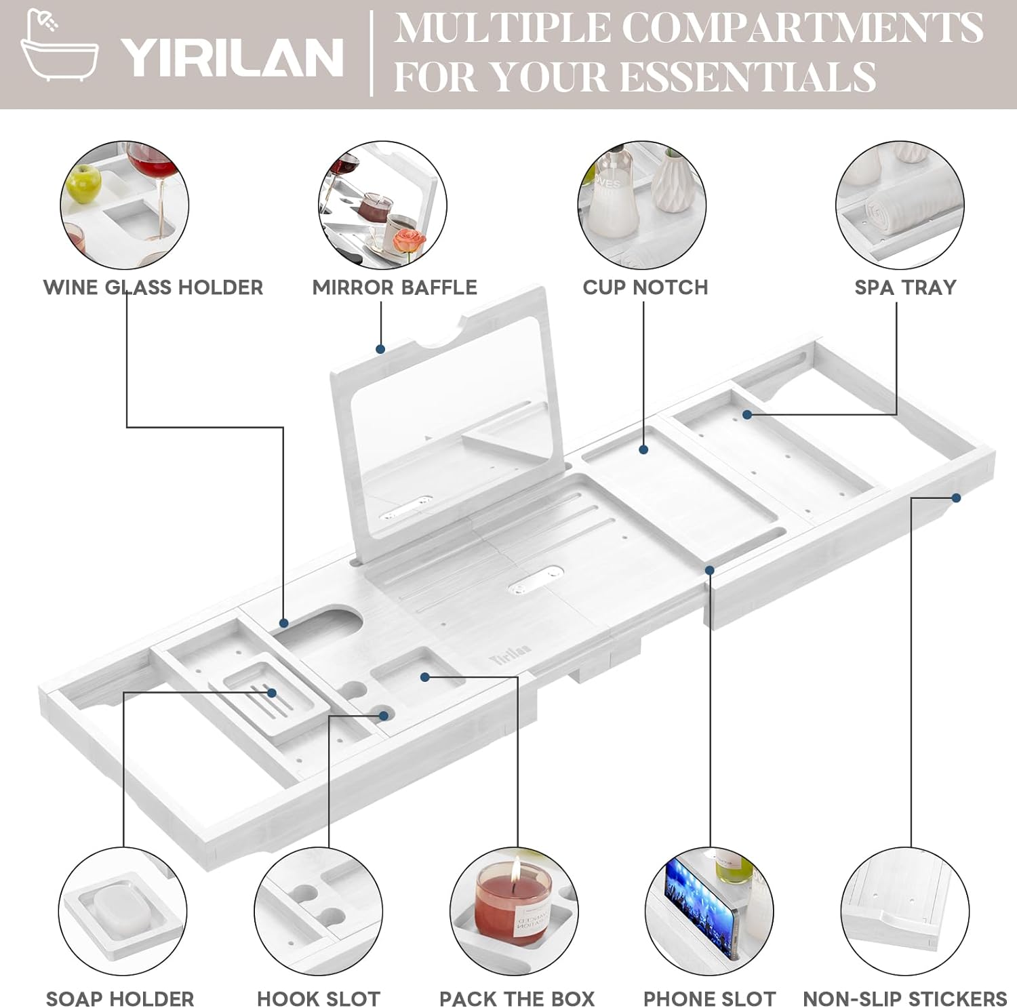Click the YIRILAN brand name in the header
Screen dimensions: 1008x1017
click(232, 58)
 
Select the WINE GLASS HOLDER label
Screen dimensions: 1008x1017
click(153, 287)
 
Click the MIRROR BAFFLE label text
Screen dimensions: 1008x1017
click(395, 287)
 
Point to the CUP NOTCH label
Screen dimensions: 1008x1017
click(645, 287)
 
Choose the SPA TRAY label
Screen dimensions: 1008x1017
click(905, 287)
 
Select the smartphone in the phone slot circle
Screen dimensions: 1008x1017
click(700, 905)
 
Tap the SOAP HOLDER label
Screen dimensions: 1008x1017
click(120, 999)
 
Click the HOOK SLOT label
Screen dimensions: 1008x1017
click(319, 999)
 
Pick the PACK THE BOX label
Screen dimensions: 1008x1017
click(517, 999)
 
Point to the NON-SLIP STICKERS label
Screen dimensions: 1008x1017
click(904, 999)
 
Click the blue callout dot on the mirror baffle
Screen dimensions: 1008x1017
click(380, 349)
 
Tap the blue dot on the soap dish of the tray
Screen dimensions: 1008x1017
click(272, 693)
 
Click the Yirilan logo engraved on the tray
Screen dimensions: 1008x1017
click(509, 654)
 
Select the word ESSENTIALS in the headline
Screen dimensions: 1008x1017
click(748, 77)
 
